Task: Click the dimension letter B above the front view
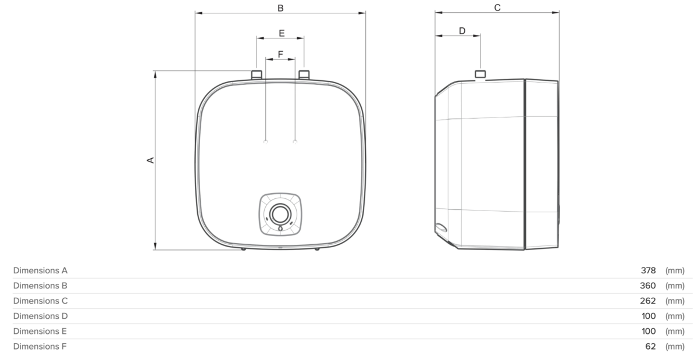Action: click(280, 8)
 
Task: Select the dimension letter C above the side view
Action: click(497, 8)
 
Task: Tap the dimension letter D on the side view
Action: click(462, 31)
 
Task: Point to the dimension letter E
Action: click(282, 33)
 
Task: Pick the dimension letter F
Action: click(280, 54)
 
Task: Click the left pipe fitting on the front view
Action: click(257, 74)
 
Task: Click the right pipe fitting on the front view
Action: click(304, 74)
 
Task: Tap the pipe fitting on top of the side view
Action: click(480, 74)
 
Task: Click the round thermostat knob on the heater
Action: click(280, 214)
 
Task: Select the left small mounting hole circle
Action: click(265, 142)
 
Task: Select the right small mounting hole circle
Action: click(295, 142)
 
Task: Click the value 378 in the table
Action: click(648, 270)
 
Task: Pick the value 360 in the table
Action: click(648, 286)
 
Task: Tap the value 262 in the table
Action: click(648, 301)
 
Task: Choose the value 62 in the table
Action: click(650, 346)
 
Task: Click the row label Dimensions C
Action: click(40, 301)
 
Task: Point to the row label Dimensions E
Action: click(40, 331)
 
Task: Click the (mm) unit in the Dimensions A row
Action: click(675, 270)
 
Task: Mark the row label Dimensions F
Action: click(40, 346)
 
